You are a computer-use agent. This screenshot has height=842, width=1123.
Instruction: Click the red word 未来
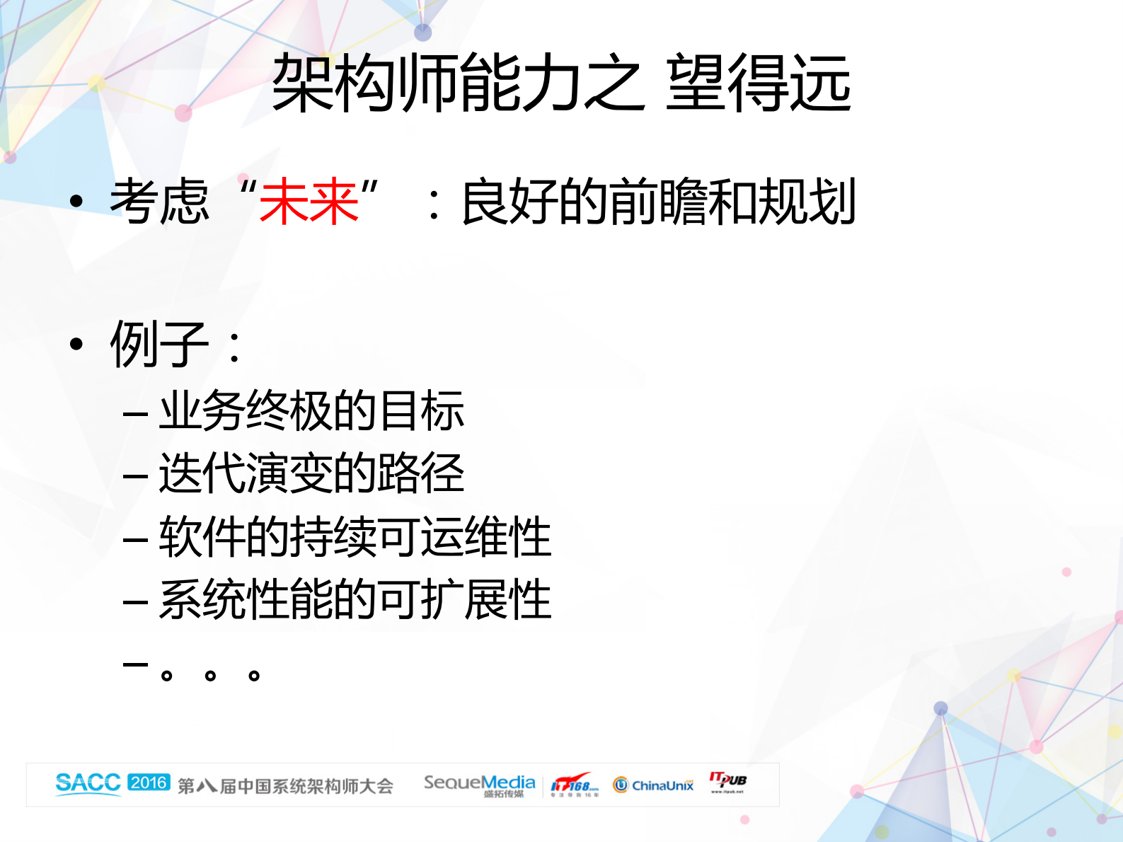tap(309, 202)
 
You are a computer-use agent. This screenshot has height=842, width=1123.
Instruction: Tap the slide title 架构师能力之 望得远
tap(561, 83)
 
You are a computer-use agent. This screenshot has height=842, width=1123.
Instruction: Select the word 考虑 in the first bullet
tap(160, 202)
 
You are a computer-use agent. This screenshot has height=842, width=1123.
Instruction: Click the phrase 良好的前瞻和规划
tap(658, 202)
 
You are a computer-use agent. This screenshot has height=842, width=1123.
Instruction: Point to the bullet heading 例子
tap(160, 345)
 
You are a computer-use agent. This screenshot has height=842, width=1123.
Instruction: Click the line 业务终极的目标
tap(311, 411)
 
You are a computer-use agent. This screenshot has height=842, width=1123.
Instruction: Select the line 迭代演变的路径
tap(311, 473)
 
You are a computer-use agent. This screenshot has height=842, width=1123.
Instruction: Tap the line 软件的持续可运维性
tap(355, 536)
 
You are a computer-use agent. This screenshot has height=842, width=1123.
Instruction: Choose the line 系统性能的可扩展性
tap(355, 599)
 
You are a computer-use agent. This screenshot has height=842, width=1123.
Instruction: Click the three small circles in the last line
tap(210, 675)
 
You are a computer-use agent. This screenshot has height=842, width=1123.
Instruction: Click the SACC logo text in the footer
tap(88, 783)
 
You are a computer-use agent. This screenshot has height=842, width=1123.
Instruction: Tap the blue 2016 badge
tap(149, 783)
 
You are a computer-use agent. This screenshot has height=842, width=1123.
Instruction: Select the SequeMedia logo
tap(479, 784)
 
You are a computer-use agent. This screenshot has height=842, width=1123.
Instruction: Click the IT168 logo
tap(574, 785)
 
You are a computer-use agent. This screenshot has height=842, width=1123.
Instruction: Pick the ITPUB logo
tap(727, 781)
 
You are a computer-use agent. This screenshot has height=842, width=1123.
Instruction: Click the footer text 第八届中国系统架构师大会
tap(285, 786)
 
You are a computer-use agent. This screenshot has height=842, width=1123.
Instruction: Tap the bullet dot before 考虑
tap(76, 202)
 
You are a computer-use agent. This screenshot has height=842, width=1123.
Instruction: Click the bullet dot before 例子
tap(76, 345)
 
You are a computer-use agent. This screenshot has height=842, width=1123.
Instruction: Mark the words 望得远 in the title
tap(758, 83)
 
